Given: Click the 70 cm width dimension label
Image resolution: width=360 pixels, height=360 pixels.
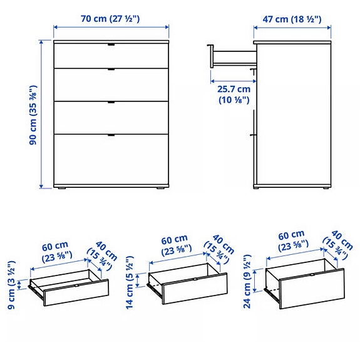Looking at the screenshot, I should [110, 18].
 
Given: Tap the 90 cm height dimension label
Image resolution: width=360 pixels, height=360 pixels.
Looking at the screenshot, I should [36, 114].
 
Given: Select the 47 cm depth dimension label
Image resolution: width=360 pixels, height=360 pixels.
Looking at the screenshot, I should [292, 18].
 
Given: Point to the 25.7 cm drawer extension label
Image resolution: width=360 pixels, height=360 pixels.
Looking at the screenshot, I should [234, 94].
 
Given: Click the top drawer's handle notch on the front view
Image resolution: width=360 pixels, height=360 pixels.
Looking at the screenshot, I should [111, 45].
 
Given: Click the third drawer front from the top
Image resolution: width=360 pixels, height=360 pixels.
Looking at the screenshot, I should [111, 117].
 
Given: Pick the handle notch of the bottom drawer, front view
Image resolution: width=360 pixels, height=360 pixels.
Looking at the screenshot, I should [111, 135].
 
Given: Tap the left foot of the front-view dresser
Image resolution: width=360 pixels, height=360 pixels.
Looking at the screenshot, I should [61, 187].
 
